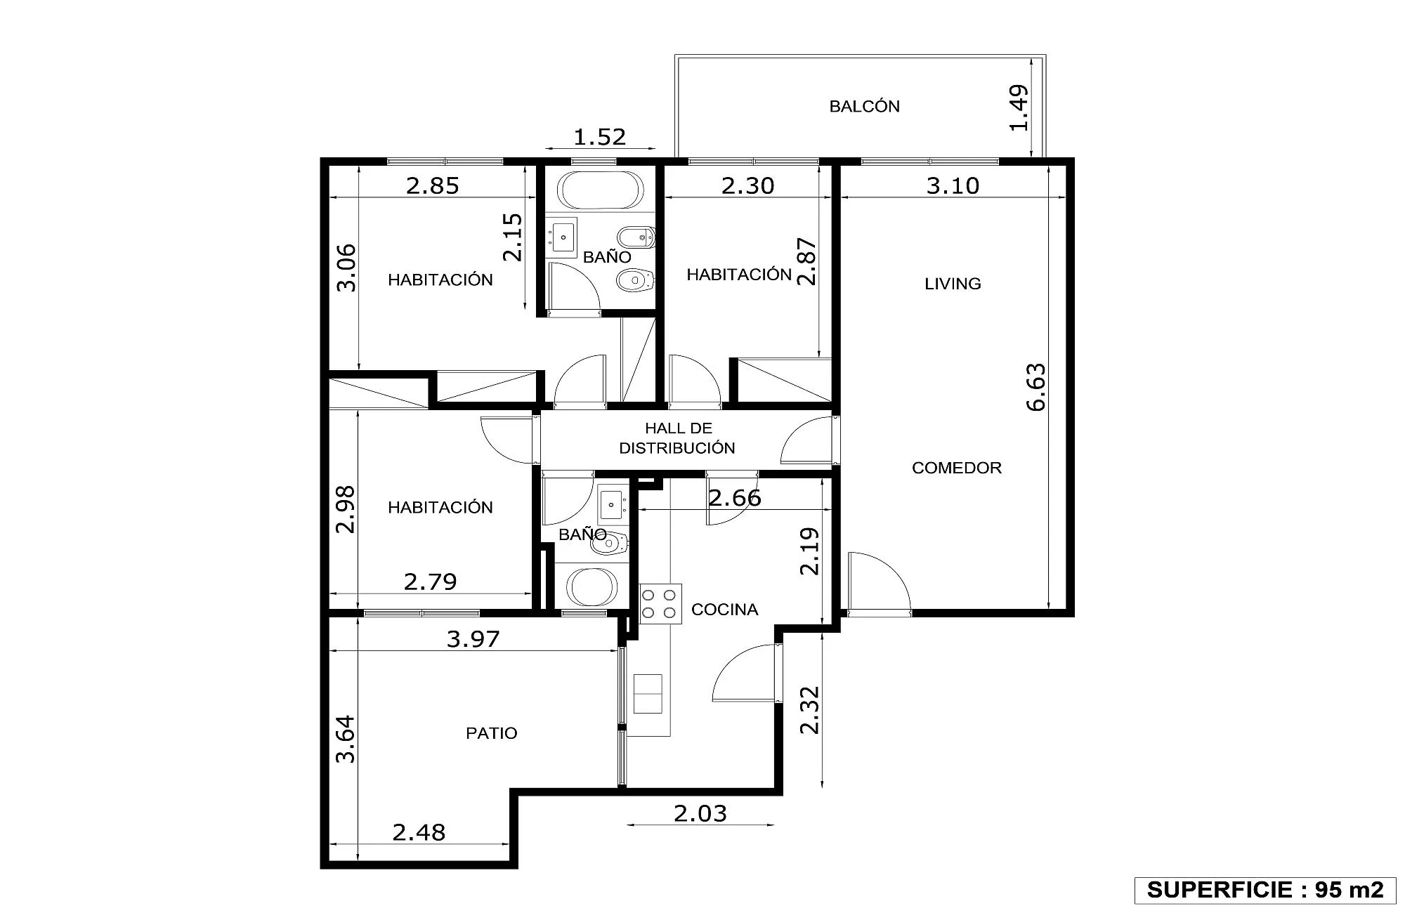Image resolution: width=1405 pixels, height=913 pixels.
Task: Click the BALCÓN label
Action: (864, 106)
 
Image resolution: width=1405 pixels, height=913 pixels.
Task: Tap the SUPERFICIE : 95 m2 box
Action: (1265, 890)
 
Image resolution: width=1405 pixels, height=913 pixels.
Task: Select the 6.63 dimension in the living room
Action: (1036, 387)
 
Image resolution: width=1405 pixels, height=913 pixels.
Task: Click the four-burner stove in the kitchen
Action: (660, 604)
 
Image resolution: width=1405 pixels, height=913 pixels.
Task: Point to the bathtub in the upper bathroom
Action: (600, 190)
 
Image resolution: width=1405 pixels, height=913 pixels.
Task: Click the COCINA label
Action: (724, 610)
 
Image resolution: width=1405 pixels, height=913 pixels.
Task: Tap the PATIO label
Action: (491, 733)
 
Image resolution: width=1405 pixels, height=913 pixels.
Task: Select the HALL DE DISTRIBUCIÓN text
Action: (677, 438)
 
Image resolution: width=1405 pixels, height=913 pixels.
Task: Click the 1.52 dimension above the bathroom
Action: (599, 136)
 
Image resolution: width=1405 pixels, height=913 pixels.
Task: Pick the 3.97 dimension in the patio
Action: (473, 639)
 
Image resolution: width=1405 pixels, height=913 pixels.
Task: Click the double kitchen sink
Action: (648, 694)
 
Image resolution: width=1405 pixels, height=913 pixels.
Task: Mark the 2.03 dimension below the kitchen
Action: (700, 813)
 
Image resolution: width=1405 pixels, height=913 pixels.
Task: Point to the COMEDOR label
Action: (956, 468)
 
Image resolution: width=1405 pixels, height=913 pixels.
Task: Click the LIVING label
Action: (953, 284)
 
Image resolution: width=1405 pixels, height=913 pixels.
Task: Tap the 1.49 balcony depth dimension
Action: (1019, 107)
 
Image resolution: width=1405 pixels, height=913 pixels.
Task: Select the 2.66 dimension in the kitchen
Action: (735, 498)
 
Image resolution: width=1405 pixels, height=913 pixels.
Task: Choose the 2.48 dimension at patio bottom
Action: (419, 832)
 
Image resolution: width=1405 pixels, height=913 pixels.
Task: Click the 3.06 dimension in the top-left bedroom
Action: (346, 268)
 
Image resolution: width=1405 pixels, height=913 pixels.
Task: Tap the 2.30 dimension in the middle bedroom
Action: (747, 185)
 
